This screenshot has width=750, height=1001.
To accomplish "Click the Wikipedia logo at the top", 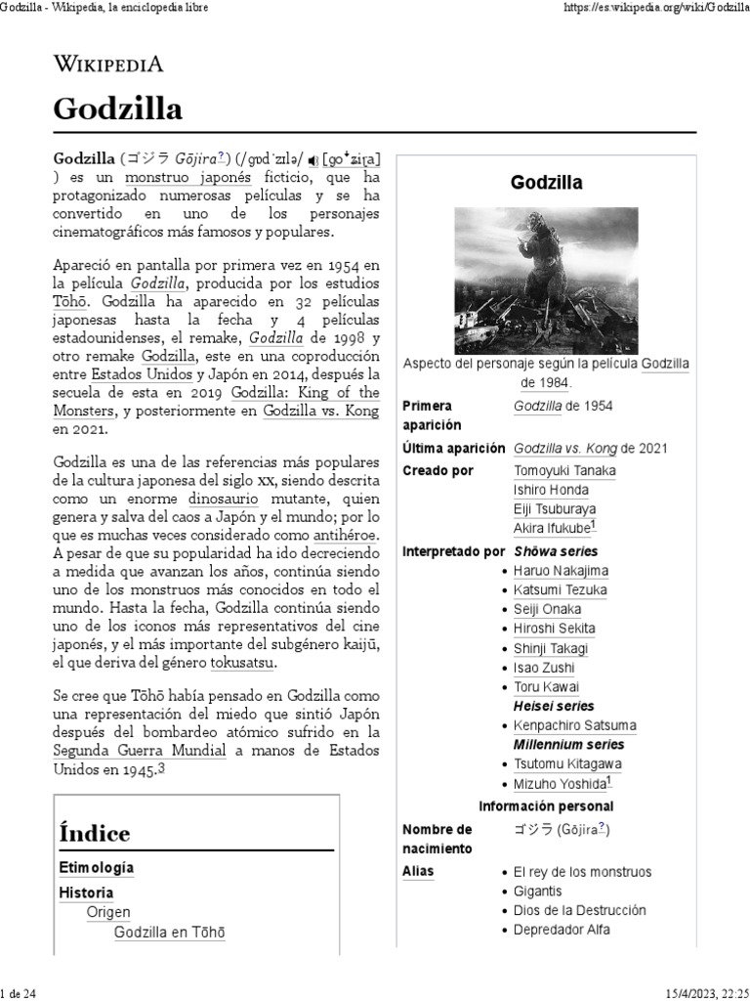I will pyautogui.click(x=107, y=65).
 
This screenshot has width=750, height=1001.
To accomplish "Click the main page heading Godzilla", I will pyautogui.click(x=117, y=109).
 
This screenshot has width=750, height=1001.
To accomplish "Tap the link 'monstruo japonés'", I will pyautogui.click(x=187, y=177).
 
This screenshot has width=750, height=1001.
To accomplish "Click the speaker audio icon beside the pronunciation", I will pyautogui.click(x=312, y=158).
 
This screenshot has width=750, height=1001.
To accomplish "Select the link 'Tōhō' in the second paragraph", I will pyautogui.click(x=69, y=301).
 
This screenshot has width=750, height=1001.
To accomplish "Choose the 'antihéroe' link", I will pyautogui.click(x=346, y=536).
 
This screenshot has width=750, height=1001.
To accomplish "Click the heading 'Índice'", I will pyautogui.click(x=95, y=834).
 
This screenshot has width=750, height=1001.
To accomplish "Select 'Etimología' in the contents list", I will pyautogui.click(x=97, y=867).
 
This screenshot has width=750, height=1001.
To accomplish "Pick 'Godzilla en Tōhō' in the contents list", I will pyautogui.click(x=170, y=933).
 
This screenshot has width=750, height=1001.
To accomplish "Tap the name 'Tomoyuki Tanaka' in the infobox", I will pyautogui.click(x=564, y=470).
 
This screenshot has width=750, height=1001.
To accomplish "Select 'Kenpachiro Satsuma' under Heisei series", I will pyautogui.click(x=575, y=725).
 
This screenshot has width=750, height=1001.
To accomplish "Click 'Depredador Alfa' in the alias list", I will pyautogui.click(x=562, y=930).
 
